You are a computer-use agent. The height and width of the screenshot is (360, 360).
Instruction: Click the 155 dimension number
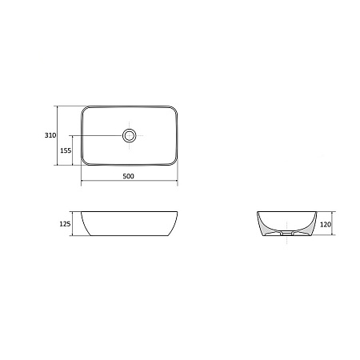(66, 150)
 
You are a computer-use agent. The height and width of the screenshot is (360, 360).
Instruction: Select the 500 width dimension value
(129, 176)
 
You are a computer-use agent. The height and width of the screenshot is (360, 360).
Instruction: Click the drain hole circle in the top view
(129, 135)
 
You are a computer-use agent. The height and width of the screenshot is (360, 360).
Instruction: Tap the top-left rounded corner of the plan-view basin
(85, 109)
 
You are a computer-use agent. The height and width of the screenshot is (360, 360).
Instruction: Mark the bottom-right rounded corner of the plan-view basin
(173, 162)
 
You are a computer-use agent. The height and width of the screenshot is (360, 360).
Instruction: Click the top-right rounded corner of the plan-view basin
(173, 109)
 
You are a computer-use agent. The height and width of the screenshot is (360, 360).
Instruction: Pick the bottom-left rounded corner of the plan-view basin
(85, 162)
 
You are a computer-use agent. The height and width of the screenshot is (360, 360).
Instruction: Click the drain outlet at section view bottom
(286, 236)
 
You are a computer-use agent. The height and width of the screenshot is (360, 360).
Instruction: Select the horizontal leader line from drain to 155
(100, 135)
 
